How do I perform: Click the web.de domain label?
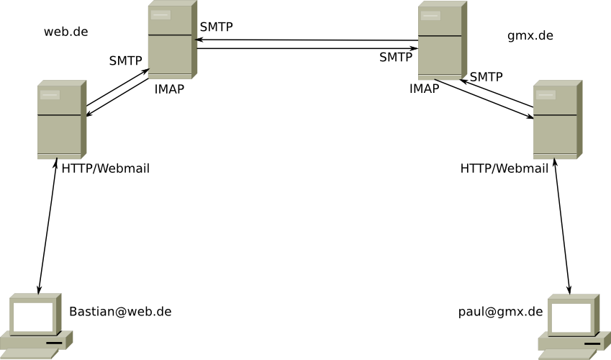65,32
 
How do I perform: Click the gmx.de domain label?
530,35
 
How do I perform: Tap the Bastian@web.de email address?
120,312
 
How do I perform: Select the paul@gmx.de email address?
500,312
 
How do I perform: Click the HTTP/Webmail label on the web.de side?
106,168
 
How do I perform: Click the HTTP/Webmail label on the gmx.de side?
504,168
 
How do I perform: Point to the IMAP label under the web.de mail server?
169,89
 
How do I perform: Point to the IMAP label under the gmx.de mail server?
424,89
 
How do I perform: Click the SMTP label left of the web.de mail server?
125,61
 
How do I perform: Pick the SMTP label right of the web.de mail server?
216,27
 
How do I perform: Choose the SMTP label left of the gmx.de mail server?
396,58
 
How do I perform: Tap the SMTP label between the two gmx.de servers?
486,77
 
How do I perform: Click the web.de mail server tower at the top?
172,40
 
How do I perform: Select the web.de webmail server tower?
61,119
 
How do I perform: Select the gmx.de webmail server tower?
556,119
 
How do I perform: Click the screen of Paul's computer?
571,318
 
